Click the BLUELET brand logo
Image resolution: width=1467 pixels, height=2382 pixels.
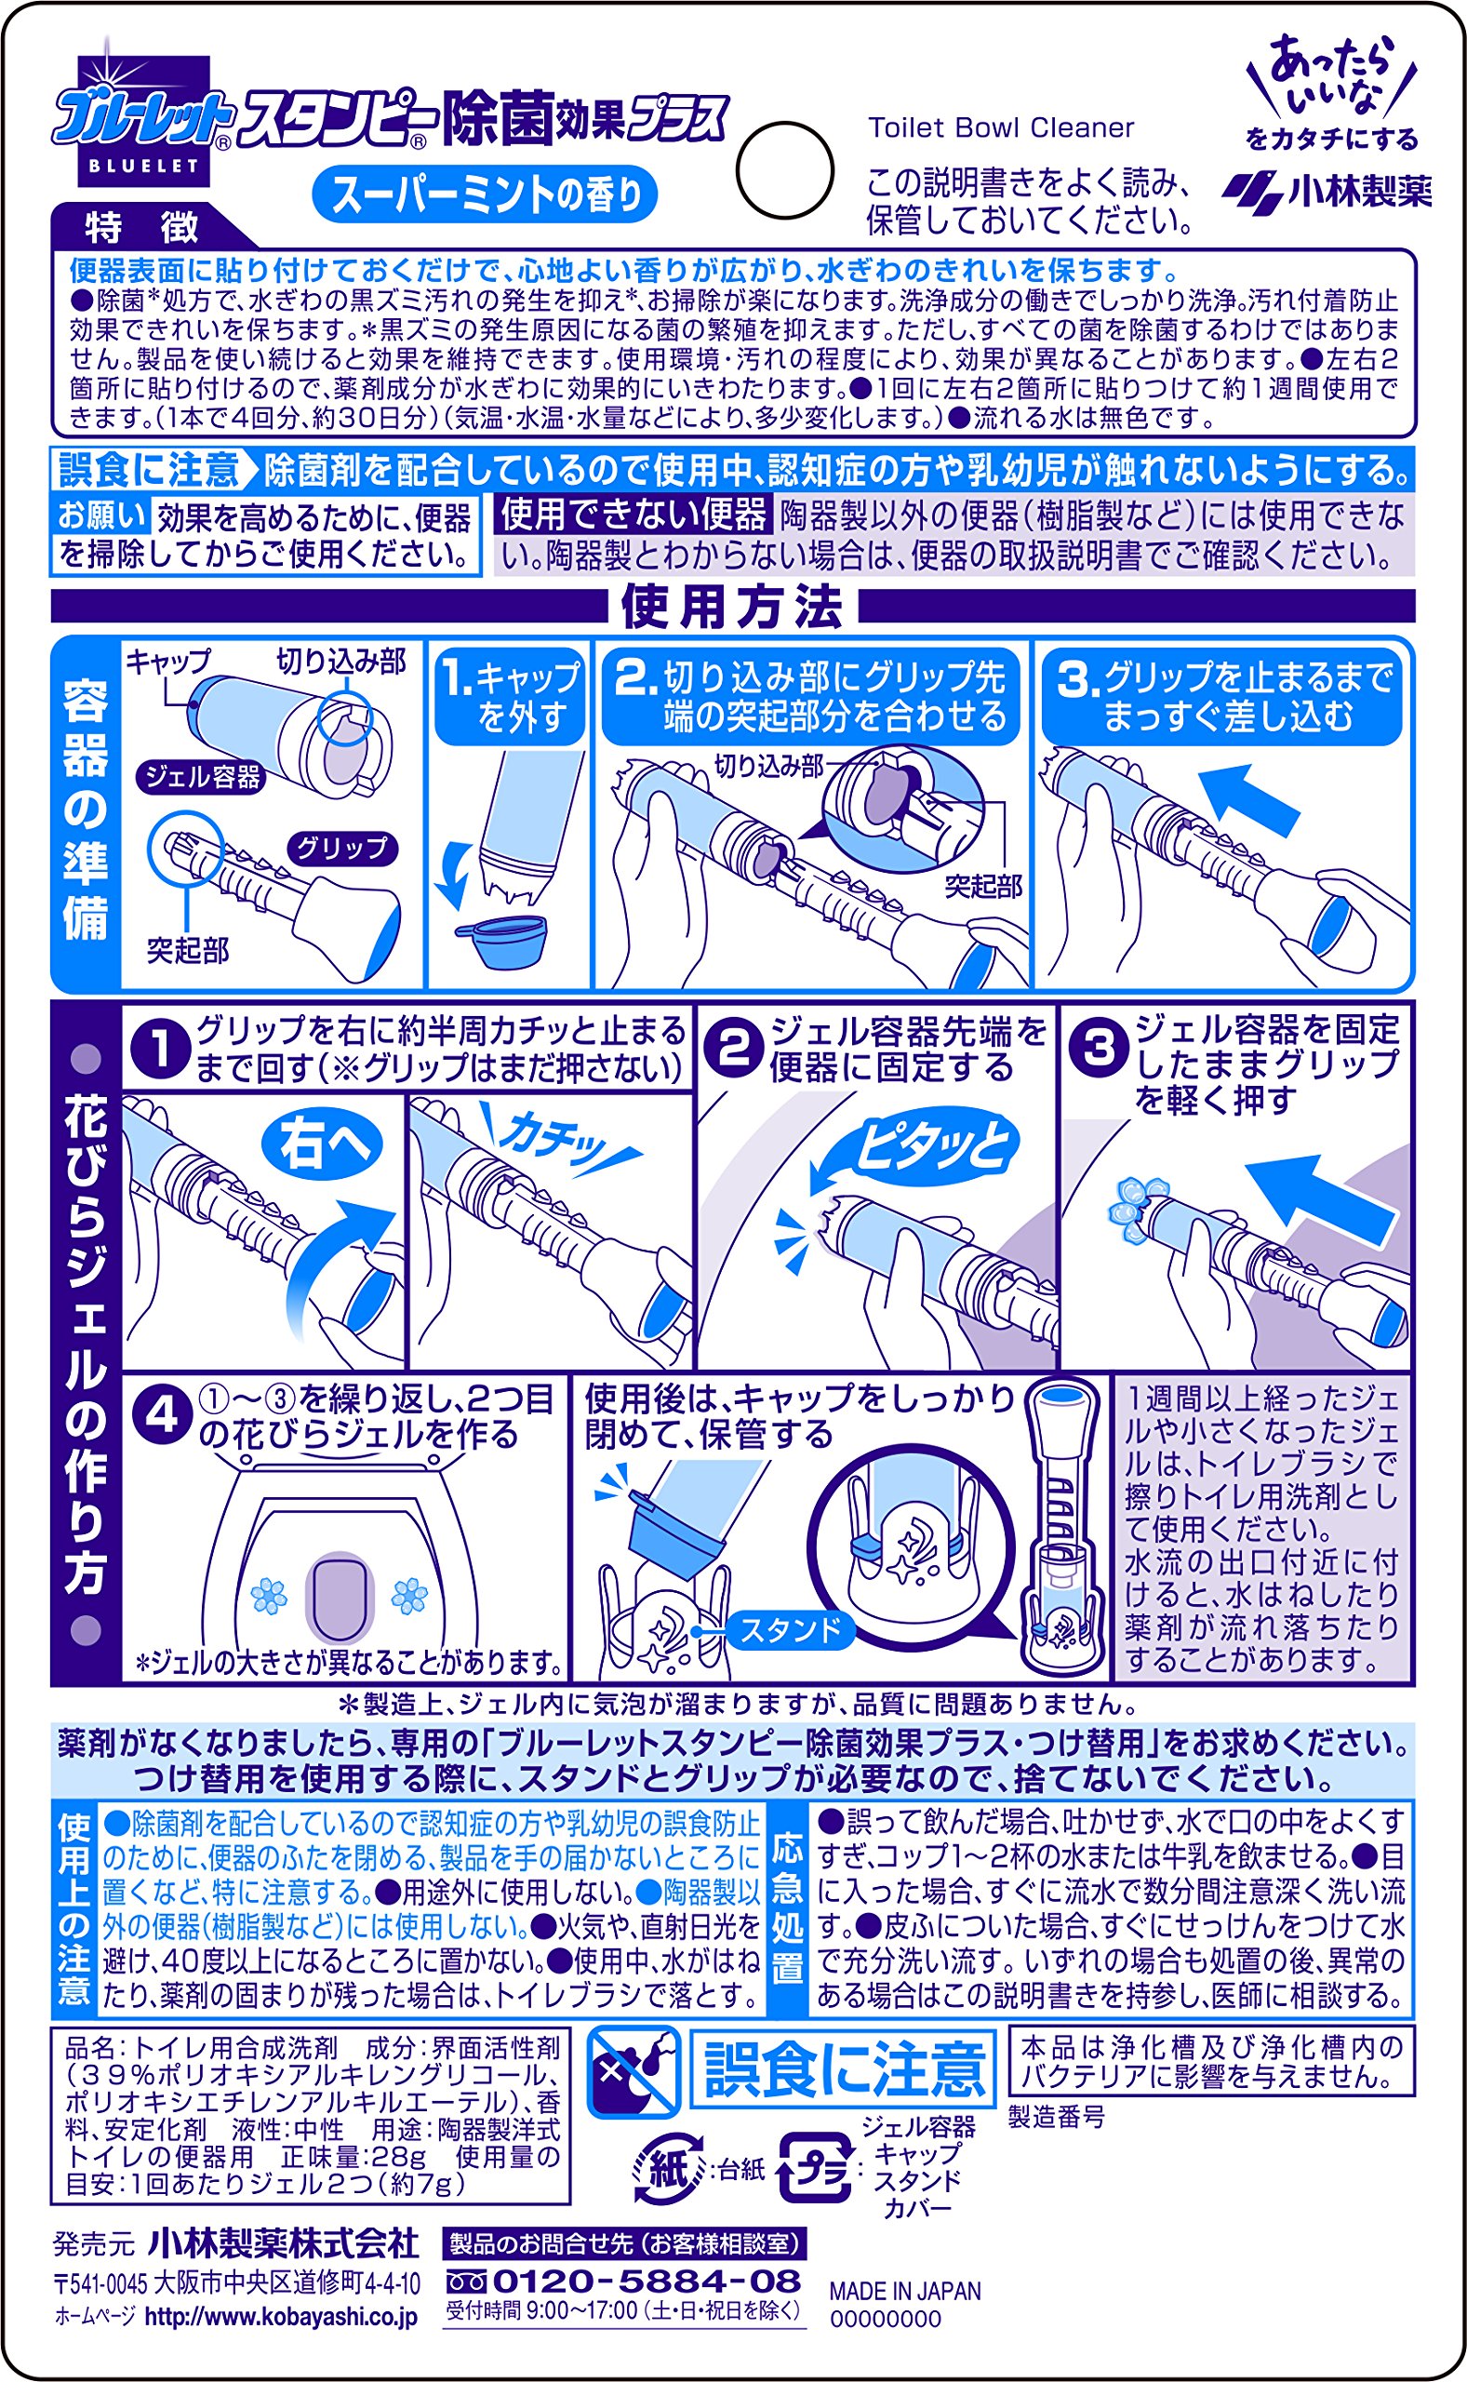[143, 121]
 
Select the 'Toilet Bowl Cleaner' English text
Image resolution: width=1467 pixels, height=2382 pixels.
[1000, 128]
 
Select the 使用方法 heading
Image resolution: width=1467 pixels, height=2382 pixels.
[732, 608]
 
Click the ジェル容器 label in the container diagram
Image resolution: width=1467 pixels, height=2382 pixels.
[202, 776]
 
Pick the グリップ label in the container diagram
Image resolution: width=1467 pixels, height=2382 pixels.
[341, 848]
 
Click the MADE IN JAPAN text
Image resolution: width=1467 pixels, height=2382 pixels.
[905, 2291]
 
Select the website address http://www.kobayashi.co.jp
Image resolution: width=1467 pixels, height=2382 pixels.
[280, 2316]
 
